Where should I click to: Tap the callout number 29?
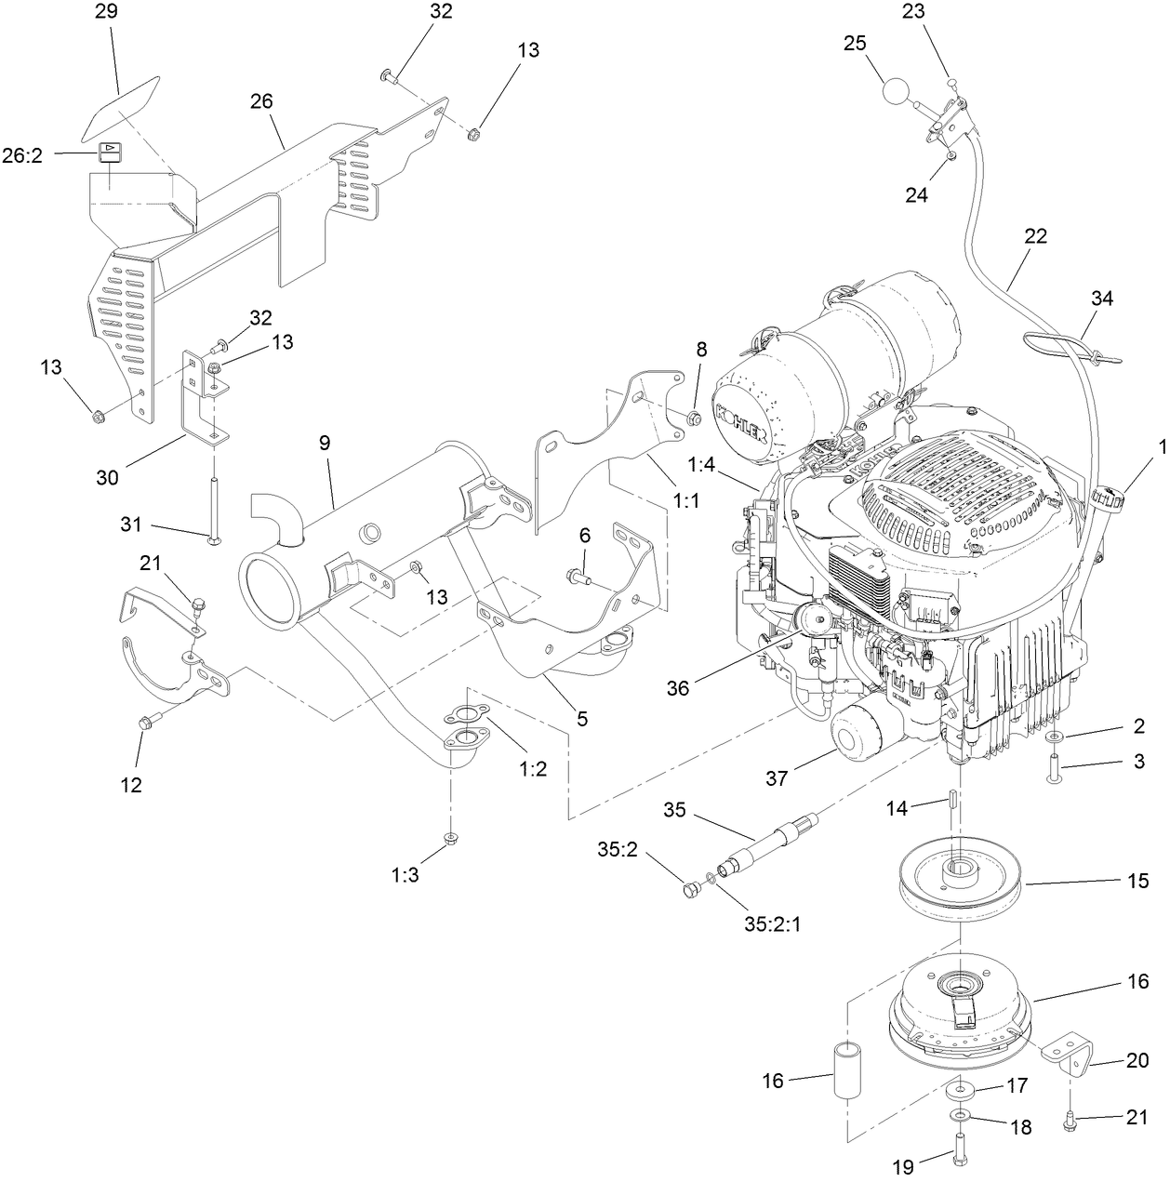(x=109, y=12)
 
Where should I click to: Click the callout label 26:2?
(x=22, y=156)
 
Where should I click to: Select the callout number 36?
(x=678, y=687)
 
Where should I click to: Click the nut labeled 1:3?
(x=450, y=839)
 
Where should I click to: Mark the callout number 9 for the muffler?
(x=325, y=443)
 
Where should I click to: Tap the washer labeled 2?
(x=1053, y=737)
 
